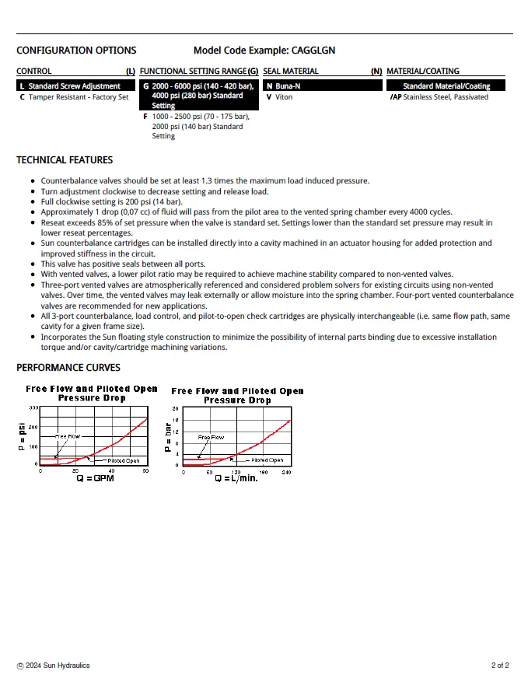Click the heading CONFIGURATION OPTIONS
coord(76,51)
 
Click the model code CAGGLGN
coord(313,51)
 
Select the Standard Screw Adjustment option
coord(74,86)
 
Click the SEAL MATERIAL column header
coord(290,72)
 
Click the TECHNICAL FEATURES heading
coord(65,160)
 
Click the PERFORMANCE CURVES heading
coord(68,367)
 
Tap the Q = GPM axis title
coord(95,479)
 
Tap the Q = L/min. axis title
coord(236,478)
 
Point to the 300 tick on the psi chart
coord(33,408)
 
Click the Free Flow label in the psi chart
coord(68,437)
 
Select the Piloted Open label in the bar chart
coord(269,460)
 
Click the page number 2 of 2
coord(500,666)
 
